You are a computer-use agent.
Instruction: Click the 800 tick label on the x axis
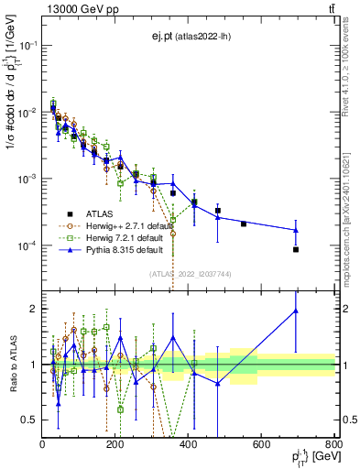point(333,444)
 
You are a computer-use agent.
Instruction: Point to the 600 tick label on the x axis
point(261,444)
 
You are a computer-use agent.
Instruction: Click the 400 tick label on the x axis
point(188,444)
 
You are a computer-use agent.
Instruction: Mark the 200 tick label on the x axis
point(115,444)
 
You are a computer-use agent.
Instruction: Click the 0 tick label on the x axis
point(43,444)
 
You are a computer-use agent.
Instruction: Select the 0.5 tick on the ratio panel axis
point(29,420)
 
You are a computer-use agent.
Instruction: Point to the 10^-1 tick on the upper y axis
point(27,45)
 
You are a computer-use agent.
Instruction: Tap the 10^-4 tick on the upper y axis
point(27,245)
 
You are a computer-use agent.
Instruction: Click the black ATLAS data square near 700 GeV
point(296,249)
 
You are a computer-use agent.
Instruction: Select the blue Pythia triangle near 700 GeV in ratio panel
point(296,311)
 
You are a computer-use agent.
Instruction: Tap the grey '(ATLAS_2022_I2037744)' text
point(190,274)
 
